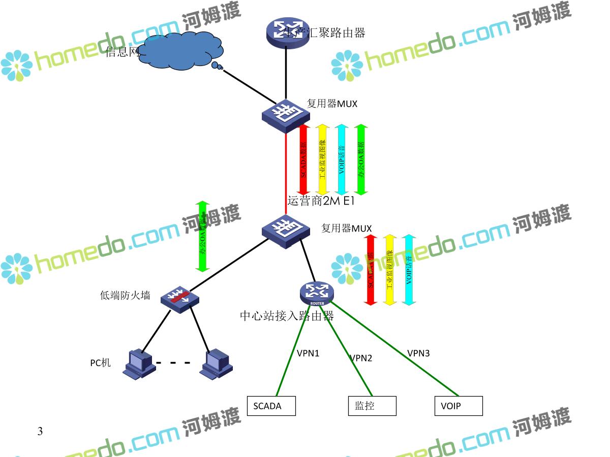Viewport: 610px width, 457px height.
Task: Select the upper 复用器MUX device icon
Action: (286, 115)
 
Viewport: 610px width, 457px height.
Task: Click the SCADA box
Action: (271, 406)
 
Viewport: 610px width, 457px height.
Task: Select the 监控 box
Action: (372, 406)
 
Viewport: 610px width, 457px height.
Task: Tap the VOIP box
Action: (458, 406)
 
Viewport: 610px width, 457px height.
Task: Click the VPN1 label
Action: (308, 353)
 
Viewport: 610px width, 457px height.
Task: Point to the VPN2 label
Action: (361, 358)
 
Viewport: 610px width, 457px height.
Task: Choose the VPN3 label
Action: (418, 353)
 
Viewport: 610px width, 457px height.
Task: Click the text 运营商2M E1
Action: (320, 201)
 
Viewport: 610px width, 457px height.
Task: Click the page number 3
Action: (40, 432)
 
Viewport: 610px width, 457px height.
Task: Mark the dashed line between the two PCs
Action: (173, 363)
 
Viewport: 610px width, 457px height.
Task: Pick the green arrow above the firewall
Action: (203, 236)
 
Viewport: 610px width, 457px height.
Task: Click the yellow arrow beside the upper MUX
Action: (322, 159)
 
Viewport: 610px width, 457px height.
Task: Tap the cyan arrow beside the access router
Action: (408, 269)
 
